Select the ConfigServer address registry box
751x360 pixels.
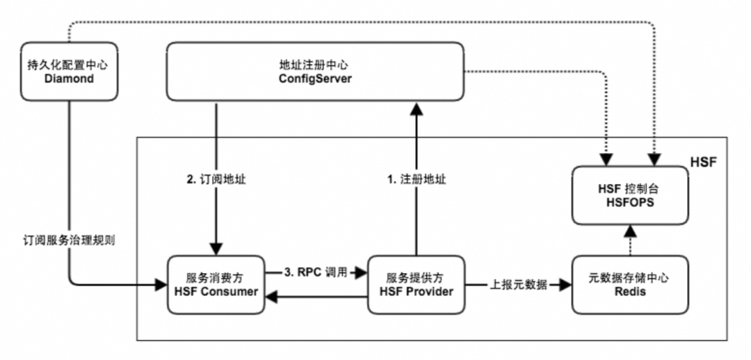click(314, 70)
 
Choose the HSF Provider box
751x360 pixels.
click(416, 285)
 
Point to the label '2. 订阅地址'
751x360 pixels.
click(217, 179)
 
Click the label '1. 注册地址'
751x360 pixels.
click(416, 179)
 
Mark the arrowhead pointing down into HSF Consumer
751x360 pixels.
click(217, 249)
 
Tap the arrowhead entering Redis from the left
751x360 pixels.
click(564, 284)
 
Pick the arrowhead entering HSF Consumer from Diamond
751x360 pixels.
click(161, 284)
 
